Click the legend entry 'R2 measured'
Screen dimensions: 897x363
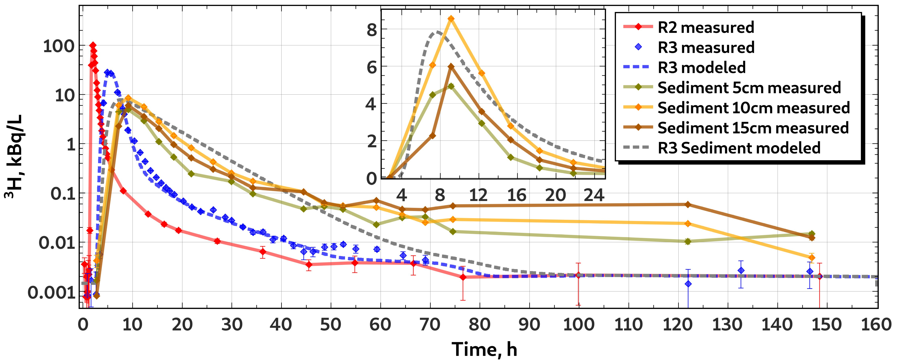(688, 27)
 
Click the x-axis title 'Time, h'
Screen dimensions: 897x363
(484, 349)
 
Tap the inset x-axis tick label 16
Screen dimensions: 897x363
(517, 195)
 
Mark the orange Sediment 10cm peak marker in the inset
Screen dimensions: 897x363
(451, 18)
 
